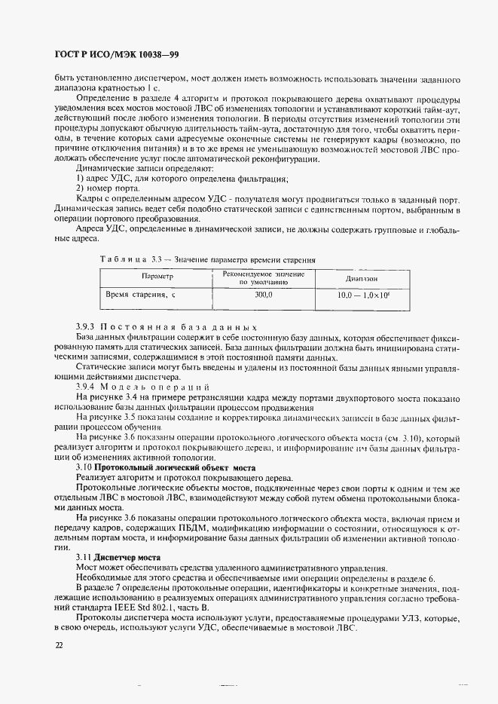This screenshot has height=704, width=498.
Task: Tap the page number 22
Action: click(59, 645)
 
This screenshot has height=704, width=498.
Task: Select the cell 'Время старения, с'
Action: click(140, 295)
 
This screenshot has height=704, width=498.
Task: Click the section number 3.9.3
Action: click(87, 328)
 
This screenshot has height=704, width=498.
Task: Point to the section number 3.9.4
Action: click(87, 386)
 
